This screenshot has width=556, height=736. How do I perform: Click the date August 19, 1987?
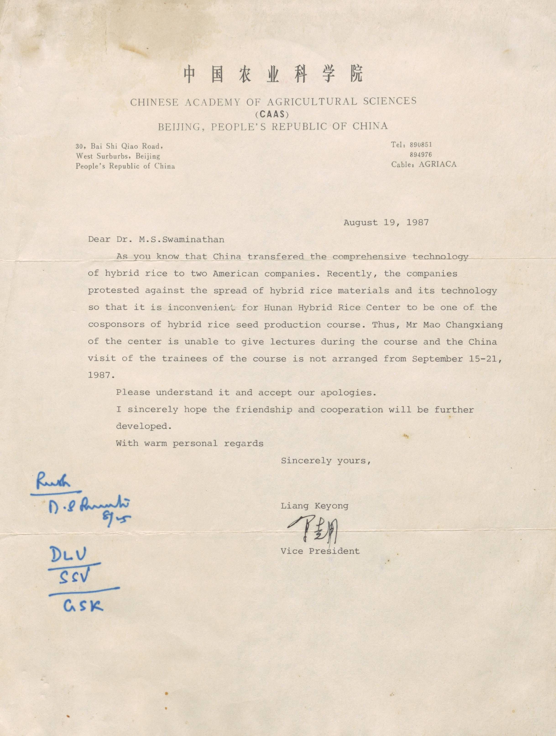coord(386,223)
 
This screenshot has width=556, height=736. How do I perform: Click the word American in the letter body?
coord(235,274)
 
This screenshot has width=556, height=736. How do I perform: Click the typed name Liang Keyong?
coord(314,506)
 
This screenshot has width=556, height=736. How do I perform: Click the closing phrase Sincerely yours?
coord(326,461)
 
